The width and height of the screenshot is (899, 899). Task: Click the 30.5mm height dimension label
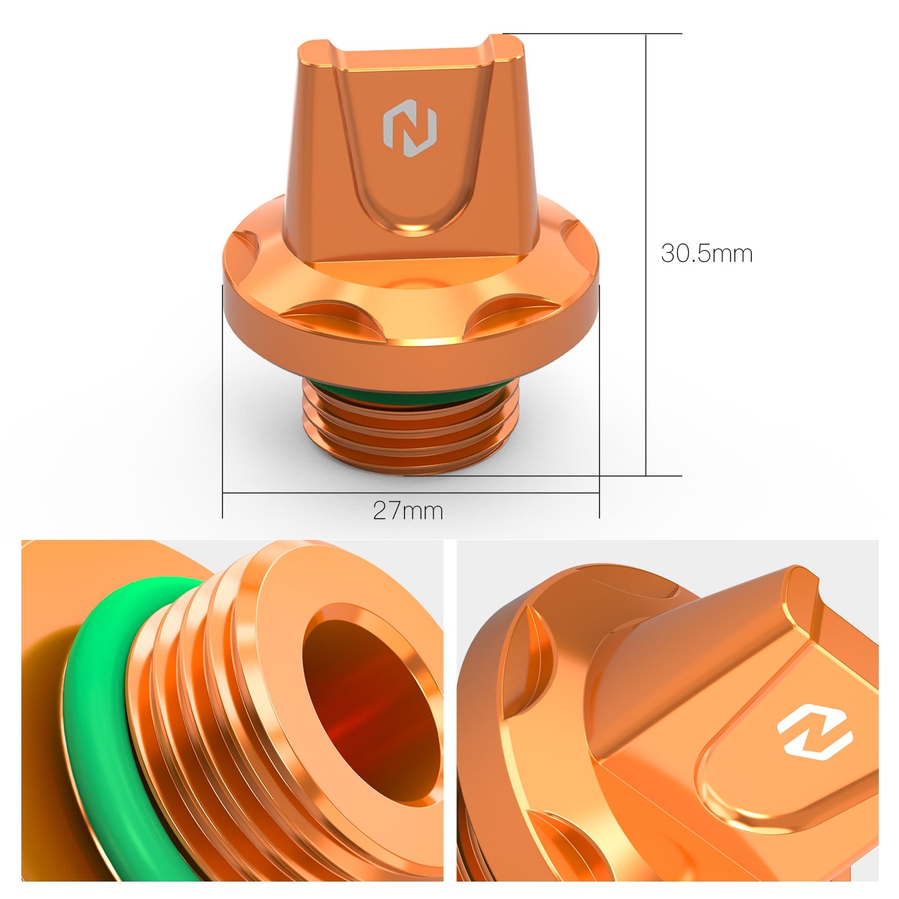706,253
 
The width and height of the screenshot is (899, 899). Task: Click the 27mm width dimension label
408,511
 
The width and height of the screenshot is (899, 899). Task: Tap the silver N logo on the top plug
410,129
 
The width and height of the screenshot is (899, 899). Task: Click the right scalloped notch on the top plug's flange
500,317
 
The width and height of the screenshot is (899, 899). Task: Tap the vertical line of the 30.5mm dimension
646,169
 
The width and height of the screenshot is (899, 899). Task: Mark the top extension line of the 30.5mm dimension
590,34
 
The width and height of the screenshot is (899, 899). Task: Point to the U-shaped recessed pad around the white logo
787,775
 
